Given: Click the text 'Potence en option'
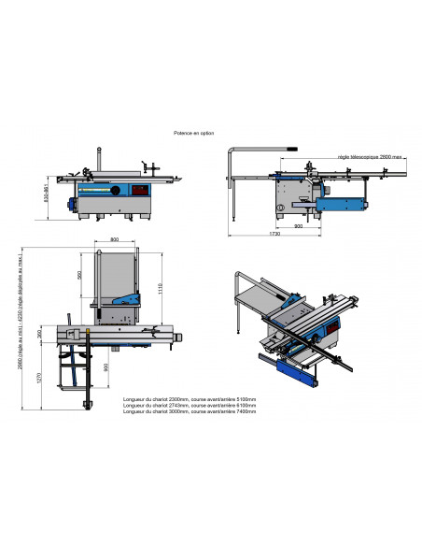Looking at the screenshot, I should (x=194, y=135).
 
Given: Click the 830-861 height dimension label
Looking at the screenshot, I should (x=49, y=196).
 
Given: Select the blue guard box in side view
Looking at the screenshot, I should (x=338, y=200).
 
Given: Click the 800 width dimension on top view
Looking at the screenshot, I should (x=113, y=241).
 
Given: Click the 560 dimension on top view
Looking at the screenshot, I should (x=79, y=276).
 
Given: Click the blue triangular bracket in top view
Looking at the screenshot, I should (x=129, y=300).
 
